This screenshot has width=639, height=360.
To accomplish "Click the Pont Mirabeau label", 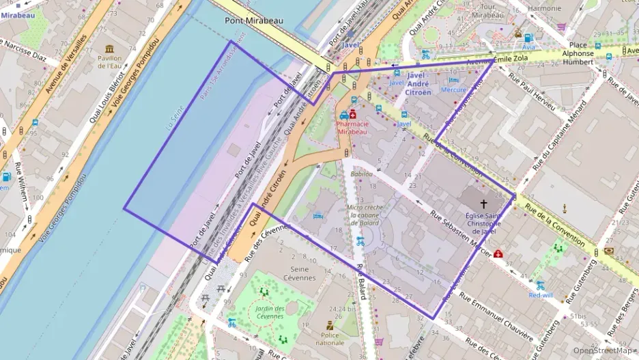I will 254,21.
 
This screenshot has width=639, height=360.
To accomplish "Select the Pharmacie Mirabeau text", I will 352,128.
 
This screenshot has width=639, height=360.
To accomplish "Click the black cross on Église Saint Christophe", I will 484,204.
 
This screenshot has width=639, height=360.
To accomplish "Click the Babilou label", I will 362,174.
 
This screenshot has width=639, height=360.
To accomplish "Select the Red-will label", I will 541,295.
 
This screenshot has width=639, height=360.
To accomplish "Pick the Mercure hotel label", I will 454,89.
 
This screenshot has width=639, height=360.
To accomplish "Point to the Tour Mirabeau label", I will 487,10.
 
